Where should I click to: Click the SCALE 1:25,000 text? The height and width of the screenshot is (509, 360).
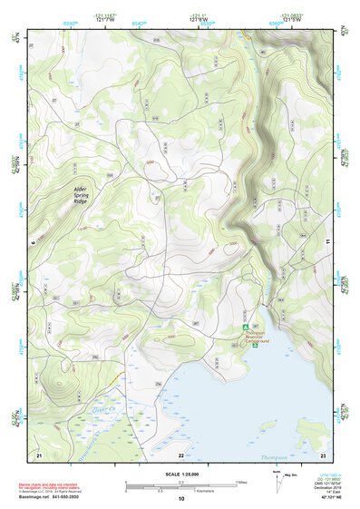tap(180, 473)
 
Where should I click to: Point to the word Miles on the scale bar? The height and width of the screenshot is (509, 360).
tap(241, 482)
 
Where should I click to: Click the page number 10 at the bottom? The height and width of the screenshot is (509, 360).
tap(180, 499)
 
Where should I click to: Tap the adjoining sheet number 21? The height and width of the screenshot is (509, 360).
tap(38, 455)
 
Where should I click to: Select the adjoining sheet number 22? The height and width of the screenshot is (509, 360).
tap(180, 455)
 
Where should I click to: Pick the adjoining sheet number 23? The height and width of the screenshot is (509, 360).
tap(323, 455)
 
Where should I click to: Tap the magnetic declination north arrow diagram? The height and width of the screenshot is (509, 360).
tap(277, 484)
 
